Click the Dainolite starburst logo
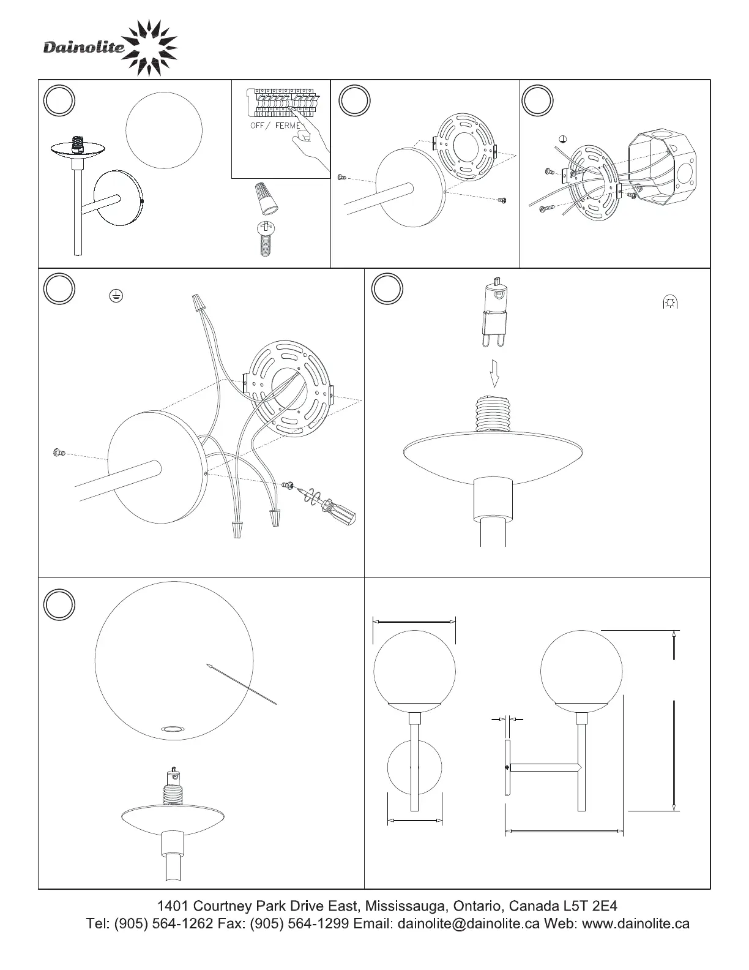(x=150, y=48)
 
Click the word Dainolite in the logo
(x=84, y=47)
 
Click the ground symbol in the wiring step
(x=116, y=296)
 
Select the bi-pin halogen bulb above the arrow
(x=494, y=312)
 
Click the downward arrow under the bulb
(x=494, y=373)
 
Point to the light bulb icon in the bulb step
(x=670, y=303)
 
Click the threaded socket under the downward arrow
(x=494, y=413)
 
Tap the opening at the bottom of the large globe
(x=174, y=729)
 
